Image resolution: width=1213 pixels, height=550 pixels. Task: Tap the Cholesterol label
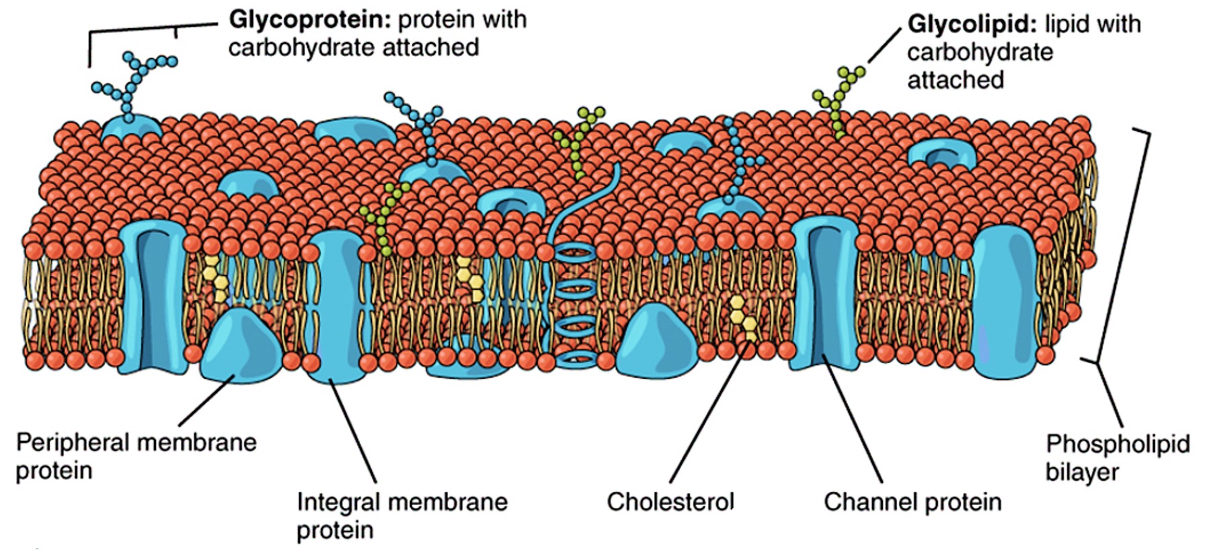click(670, 502)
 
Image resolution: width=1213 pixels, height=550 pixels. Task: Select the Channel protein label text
click(912, 502)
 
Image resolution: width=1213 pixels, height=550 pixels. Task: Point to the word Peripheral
click(74, 443)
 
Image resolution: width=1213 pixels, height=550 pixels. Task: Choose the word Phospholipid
click(1118, 444)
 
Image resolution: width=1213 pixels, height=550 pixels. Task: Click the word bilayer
click(1082, 472)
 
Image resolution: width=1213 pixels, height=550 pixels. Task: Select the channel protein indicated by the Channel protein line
click(824, 296)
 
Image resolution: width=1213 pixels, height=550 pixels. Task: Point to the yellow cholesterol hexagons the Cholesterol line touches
click(744, 317)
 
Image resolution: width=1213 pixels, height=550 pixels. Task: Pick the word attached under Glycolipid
click(955, 80)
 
